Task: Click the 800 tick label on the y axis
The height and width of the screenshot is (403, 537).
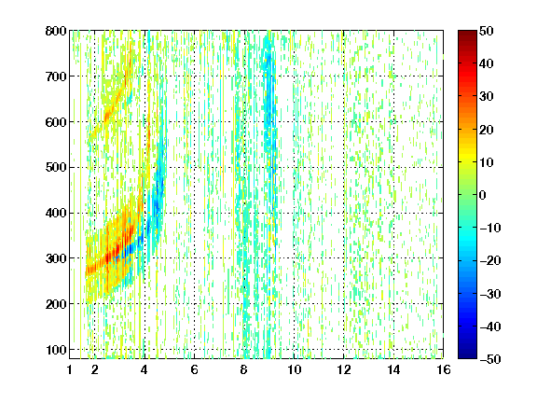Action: pyautogui.click(x=56, y=31)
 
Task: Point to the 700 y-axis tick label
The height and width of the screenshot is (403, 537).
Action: pyautogui.click(x=56, y=76)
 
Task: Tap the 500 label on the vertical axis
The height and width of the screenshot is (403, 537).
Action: pyautogui.click(x=56, y=168)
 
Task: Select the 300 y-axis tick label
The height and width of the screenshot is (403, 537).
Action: pyautogui.click(x=56, y=258)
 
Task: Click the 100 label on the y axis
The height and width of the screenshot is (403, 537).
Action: pyautogui.click(x=56, y=350)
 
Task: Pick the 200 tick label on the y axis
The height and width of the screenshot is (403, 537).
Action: pyautogui.click(x=56, y=304)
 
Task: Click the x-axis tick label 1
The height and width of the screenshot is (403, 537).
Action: pyautogui.click(x=70, y=369)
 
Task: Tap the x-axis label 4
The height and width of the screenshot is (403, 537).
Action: pyautogui.click(x=145, y=369)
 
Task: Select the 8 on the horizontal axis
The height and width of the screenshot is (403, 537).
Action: pyautogui.click(x=244, y=369)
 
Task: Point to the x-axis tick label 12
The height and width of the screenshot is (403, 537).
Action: pyautogui.click(x=344, y=369)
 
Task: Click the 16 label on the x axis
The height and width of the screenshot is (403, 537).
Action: pyautogui.click(x=444, y=369)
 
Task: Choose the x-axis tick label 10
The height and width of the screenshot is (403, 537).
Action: pyautogui.click(x=294, y=369)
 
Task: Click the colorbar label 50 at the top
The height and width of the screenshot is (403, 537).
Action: pyautogui.click(x=487, y=31)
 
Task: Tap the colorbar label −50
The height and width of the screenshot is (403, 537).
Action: pyautogui.click(x=490, y=359)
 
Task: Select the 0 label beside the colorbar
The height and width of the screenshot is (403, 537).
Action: pyautogui.click(x=483, y=195)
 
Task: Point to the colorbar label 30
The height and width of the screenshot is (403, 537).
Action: pyautogui.click(x=487, y=97)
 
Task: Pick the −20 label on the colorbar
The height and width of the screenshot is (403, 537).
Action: pyautogui.click(x=490, y=261)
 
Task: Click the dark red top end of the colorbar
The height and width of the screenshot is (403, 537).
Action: pyautogui.click(x=467, y=33)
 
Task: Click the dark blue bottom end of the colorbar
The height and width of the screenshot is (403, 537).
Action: pyautogui.click(x=467, y=357)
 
